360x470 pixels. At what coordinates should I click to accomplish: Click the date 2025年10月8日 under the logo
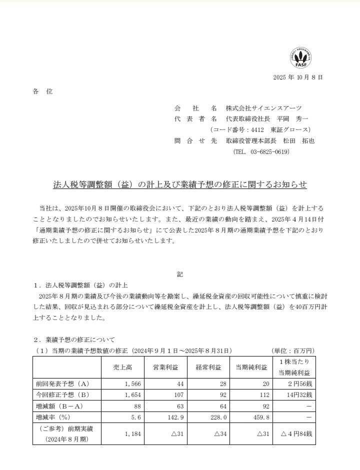click(298, 77)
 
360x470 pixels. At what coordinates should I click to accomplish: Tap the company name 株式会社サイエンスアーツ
click(263, 108)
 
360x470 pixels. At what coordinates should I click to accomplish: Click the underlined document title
click(180, 185)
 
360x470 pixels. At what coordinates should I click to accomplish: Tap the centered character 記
click(180, 274)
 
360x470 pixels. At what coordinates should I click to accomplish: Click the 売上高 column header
click(122, 367)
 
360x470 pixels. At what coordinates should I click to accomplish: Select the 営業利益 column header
click(165, 367)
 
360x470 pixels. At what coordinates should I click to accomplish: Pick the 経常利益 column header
click(208, 367)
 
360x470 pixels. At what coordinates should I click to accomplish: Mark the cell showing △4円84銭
click(295, 433)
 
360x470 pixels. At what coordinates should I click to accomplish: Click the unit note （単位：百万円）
click(293, 350)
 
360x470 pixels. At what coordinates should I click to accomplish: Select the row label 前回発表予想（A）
click(62, 383)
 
